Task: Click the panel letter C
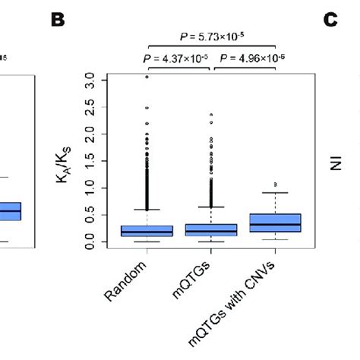[330, 21]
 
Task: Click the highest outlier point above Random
[146, 77]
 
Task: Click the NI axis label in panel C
[335, 161]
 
